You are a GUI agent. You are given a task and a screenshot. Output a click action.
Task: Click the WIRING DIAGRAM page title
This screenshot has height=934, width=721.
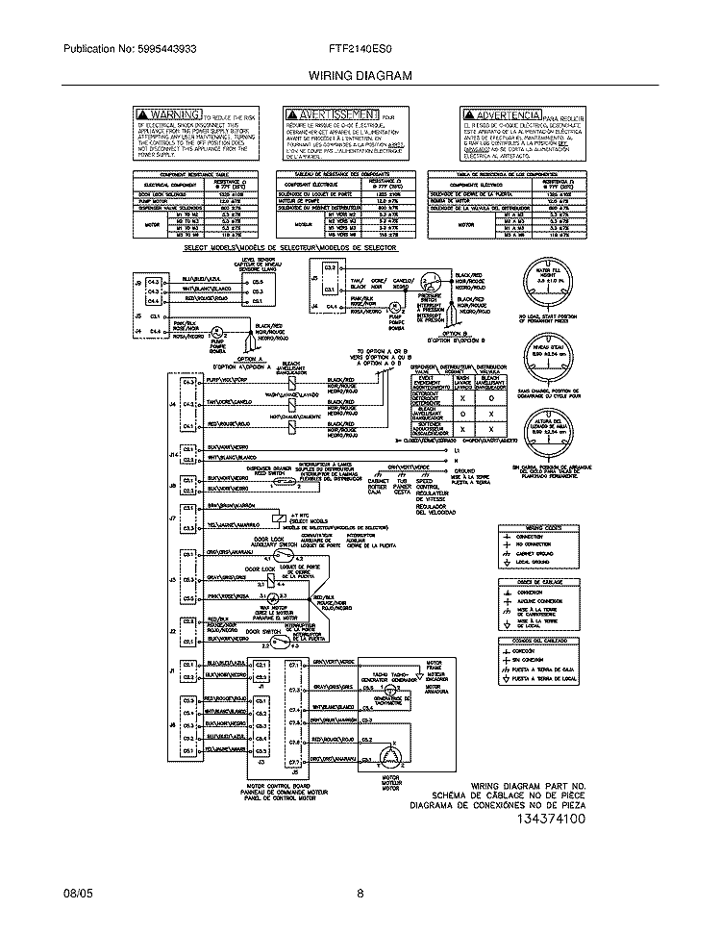point(360,74)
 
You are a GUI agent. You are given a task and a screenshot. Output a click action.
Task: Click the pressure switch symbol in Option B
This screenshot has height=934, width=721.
point(434,282)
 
